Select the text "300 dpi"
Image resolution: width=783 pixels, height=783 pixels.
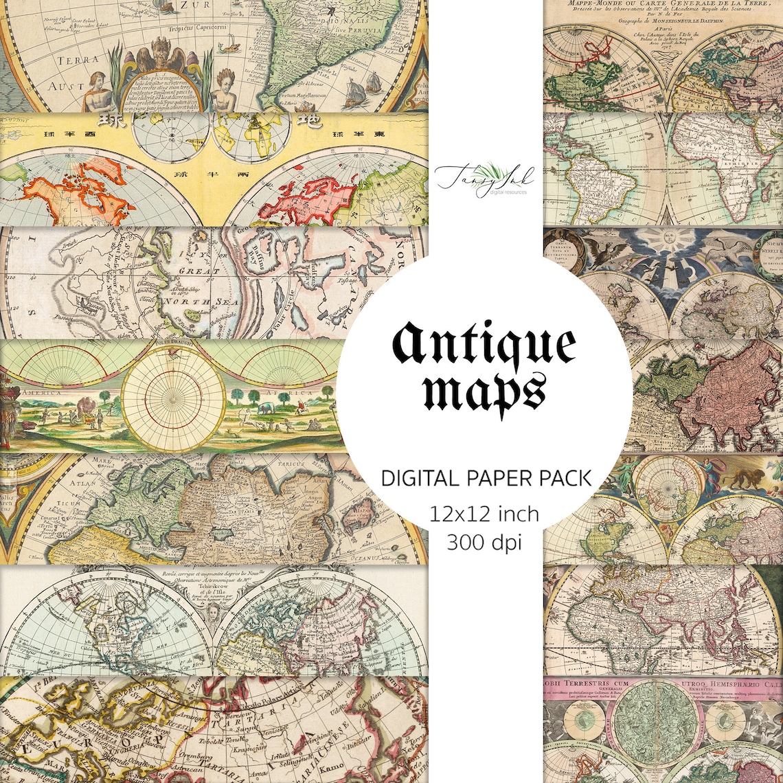point(484,542)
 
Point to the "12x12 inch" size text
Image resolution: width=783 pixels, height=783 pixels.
point(484,514)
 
